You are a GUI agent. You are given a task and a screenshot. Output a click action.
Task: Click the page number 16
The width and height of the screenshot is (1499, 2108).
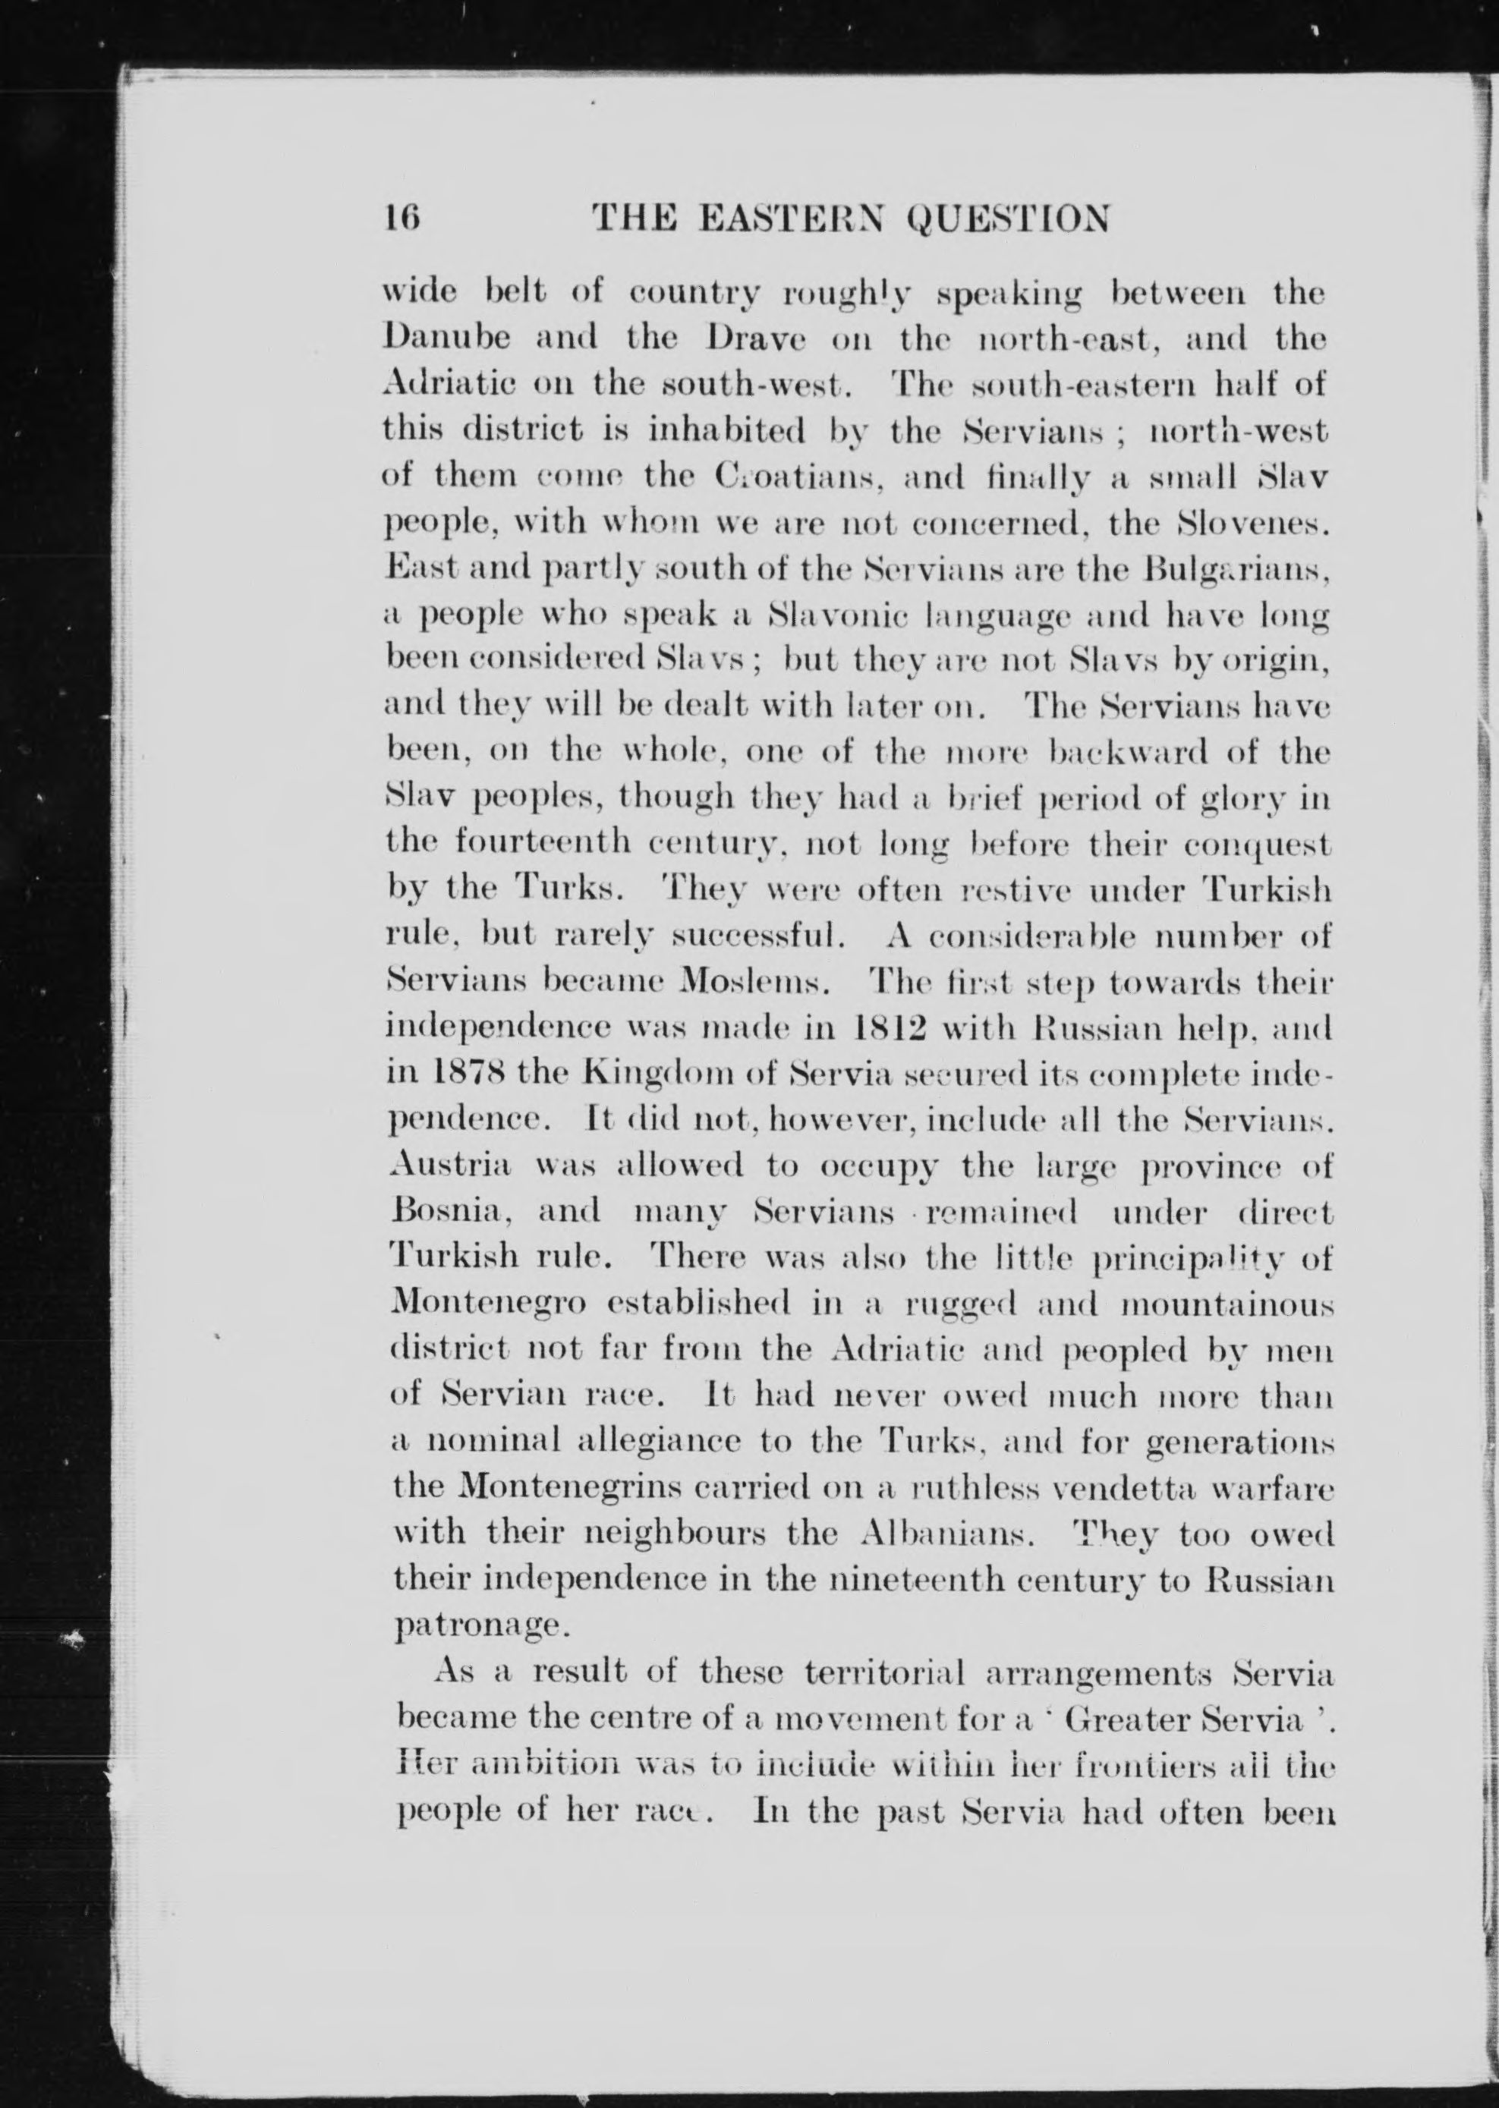402,219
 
